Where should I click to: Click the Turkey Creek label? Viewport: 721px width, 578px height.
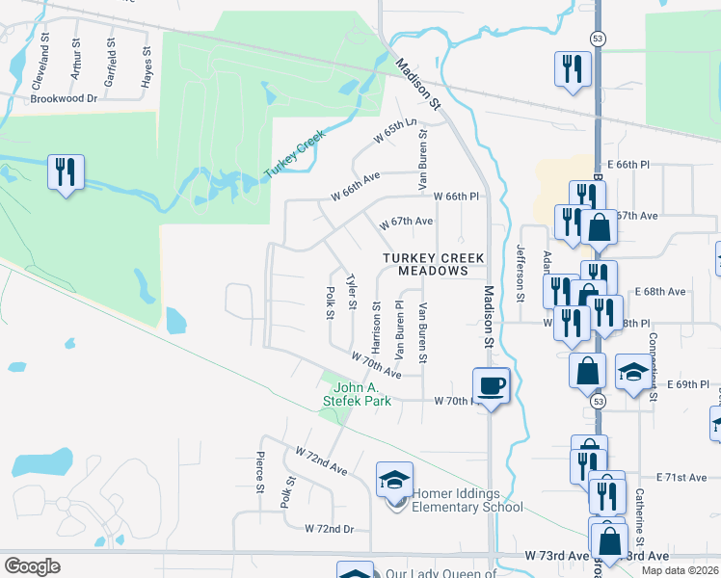292,159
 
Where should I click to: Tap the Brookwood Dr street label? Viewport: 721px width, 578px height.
65,98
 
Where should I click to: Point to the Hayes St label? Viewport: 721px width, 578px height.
147,69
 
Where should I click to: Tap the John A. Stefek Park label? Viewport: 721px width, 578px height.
357,394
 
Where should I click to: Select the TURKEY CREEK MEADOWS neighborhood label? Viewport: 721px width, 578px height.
432,264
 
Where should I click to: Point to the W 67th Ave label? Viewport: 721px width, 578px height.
406,223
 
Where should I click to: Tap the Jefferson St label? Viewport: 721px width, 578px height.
521,273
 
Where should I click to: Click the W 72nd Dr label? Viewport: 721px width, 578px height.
330,529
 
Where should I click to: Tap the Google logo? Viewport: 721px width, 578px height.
33,565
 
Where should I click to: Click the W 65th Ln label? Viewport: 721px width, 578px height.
396,133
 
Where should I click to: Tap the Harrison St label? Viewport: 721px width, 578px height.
377,328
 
